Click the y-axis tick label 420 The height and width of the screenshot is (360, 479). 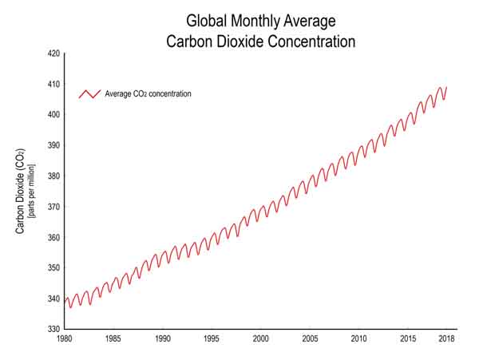54,53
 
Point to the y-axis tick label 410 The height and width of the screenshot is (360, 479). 54,84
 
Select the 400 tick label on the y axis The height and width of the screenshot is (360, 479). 54,115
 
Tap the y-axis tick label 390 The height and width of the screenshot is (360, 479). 54,145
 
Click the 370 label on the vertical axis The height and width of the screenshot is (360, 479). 54,207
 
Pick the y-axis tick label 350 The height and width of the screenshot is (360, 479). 54,268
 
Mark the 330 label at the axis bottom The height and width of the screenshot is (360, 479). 54,329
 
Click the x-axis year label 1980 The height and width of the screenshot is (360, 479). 65,339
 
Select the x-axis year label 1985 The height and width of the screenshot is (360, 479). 113,339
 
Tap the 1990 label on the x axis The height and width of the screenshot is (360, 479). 163,339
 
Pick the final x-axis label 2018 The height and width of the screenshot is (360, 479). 445,339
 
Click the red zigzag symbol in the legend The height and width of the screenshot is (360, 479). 89,94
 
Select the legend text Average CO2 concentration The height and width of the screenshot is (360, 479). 148,94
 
